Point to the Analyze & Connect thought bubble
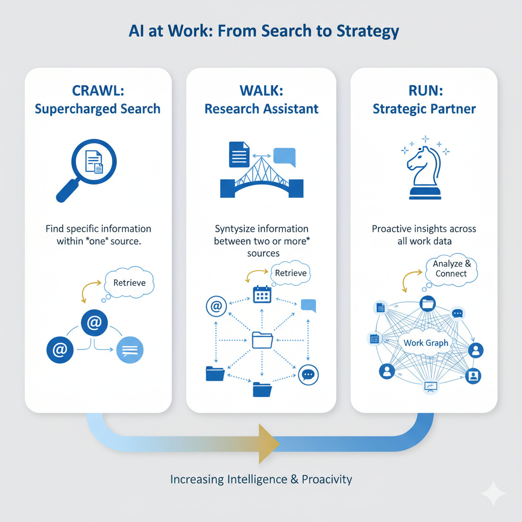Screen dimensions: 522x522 [451, 269]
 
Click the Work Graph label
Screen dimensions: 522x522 [426, 343]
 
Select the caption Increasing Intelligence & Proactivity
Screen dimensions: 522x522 [261, 479]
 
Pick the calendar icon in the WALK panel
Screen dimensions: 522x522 [262, 295]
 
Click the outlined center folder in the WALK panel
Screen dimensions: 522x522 [263, 340]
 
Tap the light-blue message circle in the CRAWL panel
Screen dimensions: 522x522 [130, 350]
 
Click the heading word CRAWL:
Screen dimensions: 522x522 [97, 91]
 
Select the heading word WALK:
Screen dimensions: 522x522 [262, 91]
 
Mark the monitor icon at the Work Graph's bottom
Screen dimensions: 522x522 [431, 387]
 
